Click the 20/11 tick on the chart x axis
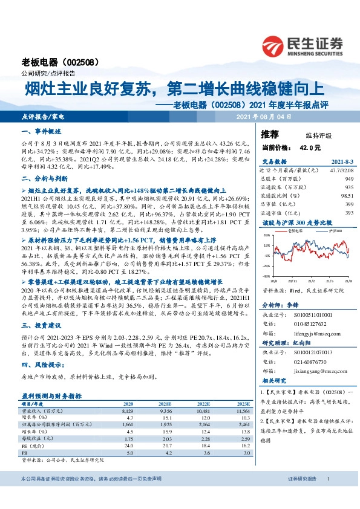coord(292,281)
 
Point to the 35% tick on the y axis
coord(267,235)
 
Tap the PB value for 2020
coord(129,452)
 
